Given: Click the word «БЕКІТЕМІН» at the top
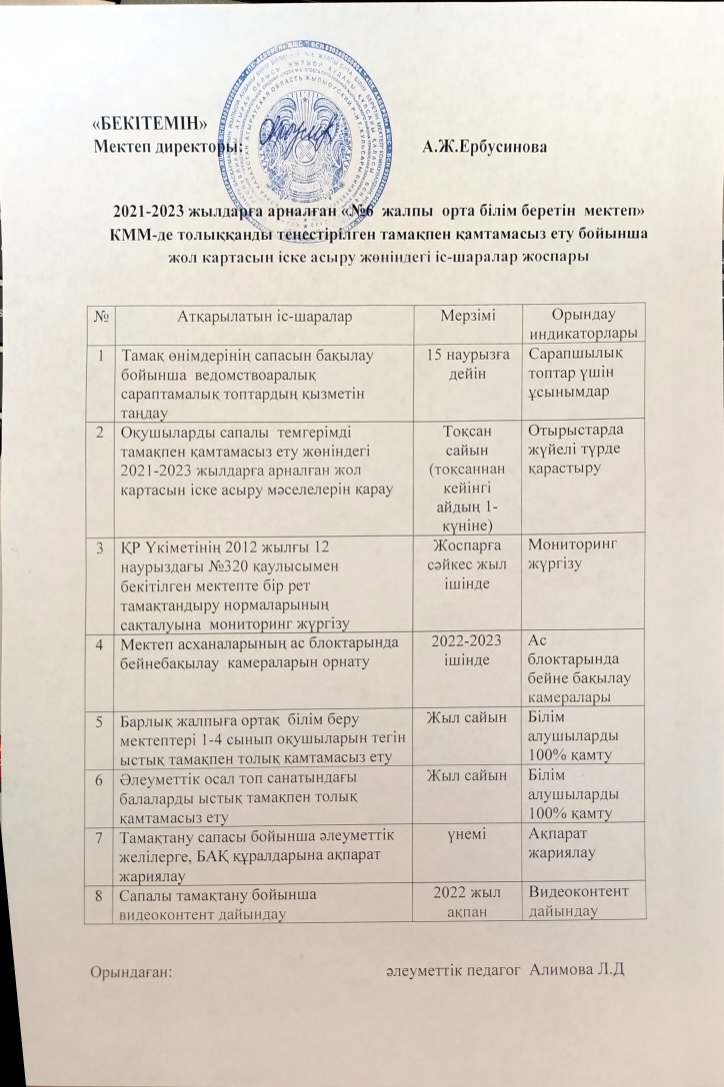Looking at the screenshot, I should (x=149, y=125).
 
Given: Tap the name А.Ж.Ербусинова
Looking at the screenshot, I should (x=483, y=147).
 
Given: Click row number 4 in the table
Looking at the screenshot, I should (x=101, y=645).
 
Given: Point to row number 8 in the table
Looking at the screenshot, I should (x=101, y=894).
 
